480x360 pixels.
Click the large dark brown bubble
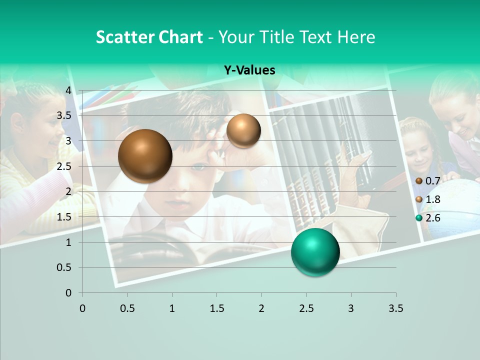point(145,156)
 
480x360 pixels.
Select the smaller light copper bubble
point(243,130)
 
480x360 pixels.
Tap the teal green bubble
point(315,252)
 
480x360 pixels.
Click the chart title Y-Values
point(249,70)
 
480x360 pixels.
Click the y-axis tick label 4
point(68,90)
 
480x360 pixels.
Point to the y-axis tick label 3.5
point(64,115)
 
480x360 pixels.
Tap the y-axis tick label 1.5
point(64,217)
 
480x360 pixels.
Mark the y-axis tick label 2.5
point(64,166)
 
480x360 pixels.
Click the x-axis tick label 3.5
point(395,308)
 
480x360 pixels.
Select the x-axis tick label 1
point(172,308)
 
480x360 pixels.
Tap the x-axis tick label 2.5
point(306,308)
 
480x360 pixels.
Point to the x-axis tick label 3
point(351,308)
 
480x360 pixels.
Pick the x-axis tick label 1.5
point(216,308)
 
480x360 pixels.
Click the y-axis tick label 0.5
point(64,267)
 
